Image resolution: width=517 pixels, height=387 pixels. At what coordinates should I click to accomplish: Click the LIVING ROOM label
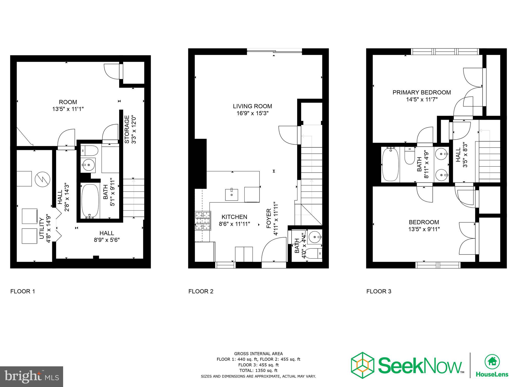[x=252, y=106]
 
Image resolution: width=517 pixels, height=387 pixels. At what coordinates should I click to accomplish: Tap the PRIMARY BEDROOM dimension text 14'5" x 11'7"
[x=422, y=100]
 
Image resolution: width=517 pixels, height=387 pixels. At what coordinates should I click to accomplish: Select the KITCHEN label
[x=234, y=217]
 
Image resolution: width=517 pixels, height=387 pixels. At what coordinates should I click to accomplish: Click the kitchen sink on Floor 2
[x=231, y=195]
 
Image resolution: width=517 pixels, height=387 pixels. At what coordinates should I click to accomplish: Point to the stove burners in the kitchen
[x=202, y=221]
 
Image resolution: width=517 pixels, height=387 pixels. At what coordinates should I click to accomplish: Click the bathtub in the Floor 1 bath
[x=90, y=201]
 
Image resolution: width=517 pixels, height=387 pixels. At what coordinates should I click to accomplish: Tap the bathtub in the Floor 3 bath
[x=390, y=164]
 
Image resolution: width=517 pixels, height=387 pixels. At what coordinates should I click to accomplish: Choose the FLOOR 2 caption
[x=201, y=292]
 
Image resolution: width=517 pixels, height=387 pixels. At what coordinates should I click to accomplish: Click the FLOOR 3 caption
[x=379, y=292]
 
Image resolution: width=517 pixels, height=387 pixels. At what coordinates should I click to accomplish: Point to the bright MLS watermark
[x=31, y=377]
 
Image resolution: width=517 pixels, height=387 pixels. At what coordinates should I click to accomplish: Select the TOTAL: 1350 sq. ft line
[x=258, y=370]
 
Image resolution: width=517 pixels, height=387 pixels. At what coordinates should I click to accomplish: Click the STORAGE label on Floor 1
[x=127, y=129]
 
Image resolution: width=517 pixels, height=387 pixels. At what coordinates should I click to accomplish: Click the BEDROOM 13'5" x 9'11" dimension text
[x=424, y=229]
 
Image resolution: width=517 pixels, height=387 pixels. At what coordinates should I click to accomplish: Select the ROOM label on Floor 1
[x=68, y=102]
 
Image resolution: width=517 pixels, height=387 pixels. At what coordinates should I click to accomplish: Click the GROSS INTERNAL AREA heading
[x=258, y=354]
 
